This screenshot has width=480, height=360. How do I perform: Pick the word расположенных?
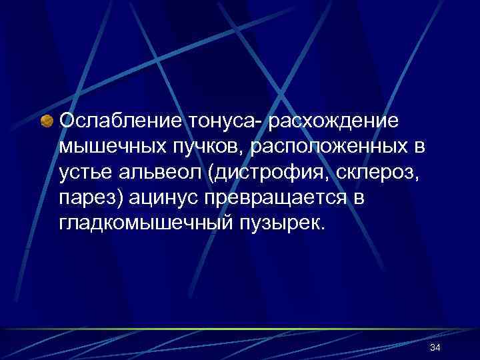[x=317, y=146]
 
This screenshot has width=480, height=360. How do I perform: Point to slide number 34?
[x=436, y=348]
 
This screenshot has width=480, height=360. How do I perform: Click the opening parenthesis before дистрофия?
[x=210, y=172]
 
